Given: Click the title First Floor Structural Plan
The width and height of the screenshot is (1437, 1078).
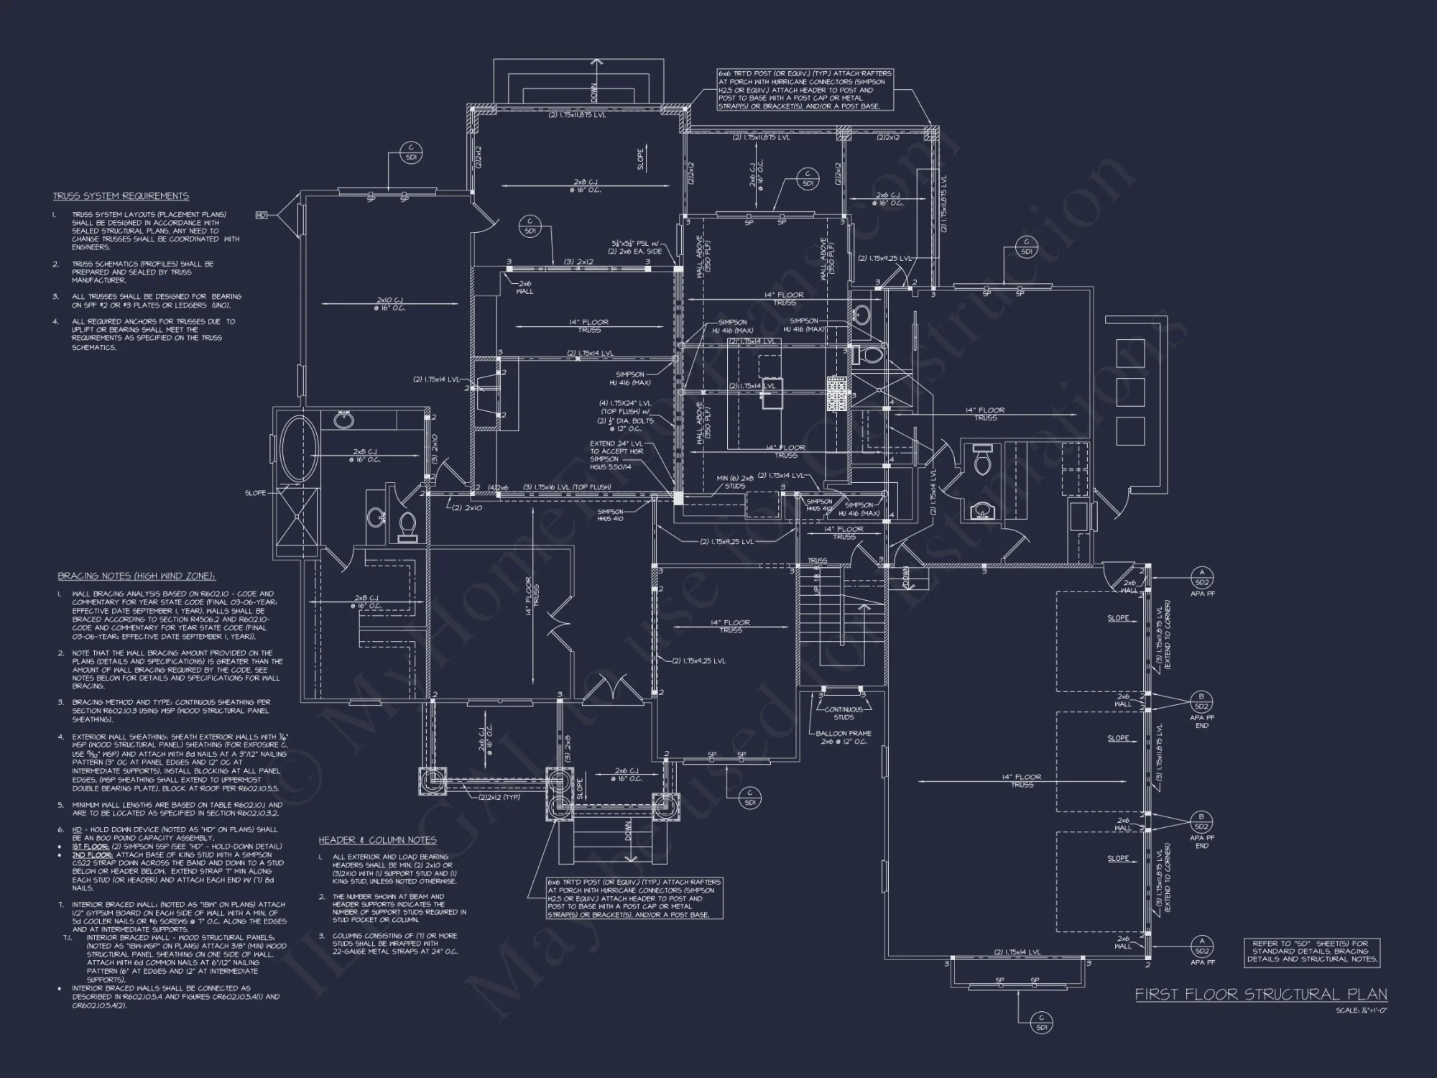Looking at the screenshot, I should point(1261,994).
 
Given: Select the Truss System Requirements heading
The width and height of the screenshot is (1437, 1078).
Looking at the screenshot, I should point(121,196).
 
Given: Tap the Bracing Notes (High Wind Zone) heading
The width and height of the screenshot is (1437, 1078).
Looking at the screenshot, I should point(137,576).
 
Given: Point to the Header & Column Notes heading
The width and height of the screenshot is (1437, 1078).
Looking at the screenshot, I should point(377,840).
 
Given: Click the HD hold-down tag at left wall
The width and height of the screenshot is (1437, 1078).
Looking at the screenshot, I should point(262,215).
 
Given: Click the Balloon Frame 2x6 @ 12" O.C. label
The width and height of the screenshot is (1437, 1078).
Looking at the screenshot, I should point(844,737).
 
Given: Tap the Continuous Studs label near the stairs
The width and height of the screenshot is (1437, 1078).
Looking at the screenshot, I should point(844,713).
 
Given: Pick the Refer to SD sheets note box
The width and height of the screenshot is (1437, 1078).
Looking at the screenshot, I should point(1311,952).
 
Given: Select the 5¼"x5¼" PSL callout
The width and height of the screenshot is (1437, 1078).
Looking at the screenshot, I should point(637,248).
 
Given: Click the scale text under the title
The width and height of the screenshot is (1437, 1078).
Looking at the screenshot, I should point(1361,1010).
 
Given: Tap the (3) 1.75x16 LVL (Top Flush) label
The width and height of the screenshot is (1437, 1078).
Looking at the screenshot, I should point(567,487).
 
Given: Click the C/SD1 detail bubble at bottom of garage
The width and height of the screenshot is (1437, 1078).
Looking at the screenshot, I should point(1041,1023).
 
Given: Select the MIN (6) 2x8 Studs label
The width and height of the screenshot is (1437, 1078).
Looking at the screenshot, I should point(735,482).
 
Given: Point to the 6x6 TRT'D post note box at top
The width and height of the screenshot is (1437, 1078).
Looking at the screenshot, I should point(805,90).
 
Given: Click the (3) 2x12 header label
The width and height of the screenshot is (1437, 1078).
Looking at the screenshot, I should point(578,262).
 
